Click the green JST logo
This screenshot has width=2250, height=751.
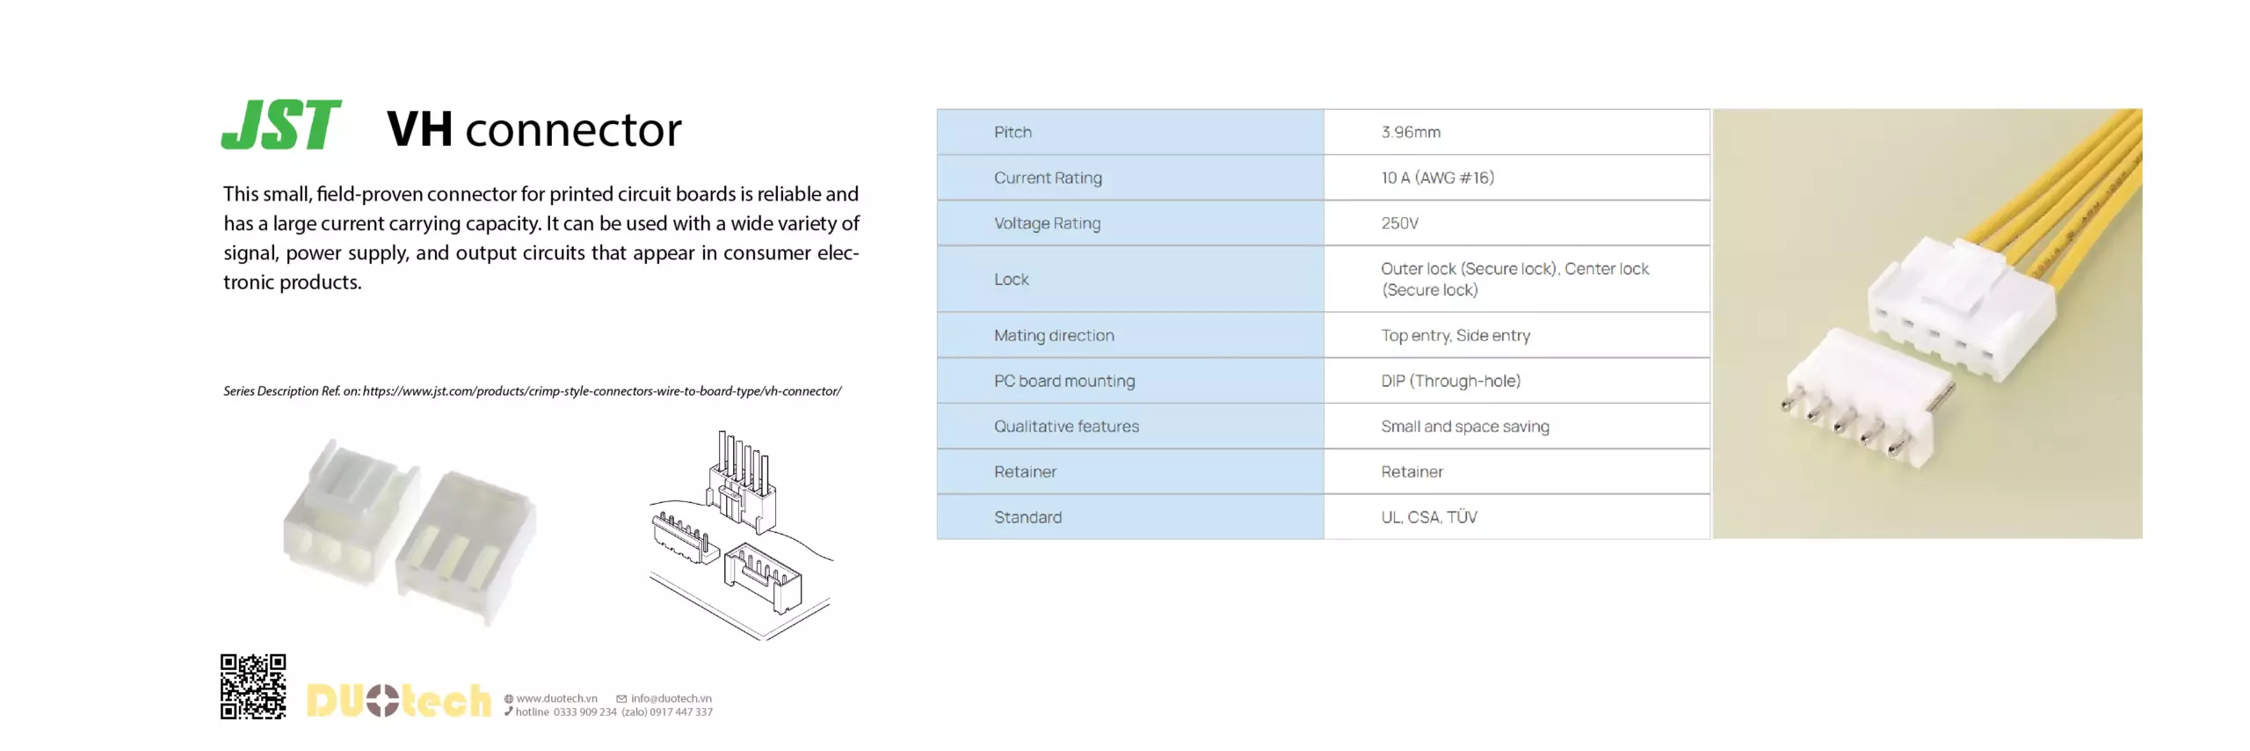pos(280,125)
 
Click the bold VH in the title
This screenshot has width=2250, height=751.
pos(419,129)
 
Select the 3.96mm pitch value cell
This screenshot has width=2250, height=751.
pos(1410,132)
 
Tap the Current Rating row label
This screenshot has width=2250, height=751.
pos(1047,178)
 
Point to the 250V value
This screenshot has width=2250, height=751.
pos(1399,223)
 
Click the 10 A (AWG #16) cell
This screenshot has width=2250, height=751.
pos(1436,178)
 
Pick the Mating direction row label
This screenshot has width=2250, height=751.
pos(1053,335)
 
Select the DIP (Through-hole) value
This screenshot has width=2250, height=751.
pos(1449,381)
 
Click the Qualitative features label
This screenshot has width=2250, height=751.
pos(1065,427)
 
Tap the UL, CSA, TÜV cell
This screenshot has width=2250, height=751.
pos(1428,517)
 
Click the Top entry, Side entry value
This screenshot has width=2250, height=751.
pos(1455,335)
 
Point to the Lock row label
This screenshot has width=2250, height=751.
pos(1011,279)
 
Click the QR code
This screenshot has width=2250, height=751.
pos(253,686)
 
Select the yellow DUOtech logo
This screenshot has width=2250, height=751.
pos(397,700)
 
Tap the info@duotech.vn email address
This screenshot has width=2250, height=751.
pos(671,698)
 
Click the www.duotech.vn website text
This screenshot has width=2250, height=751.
pos(556,698)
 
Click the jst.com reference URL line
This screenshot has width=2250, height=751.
pos(532,391)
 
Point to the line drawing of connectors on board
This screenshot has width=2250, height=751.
pos(740,534)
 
